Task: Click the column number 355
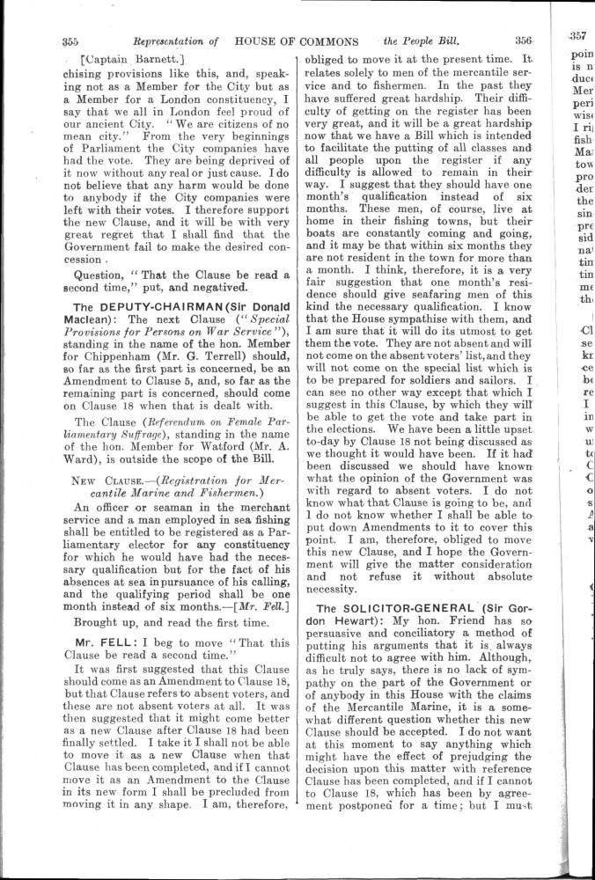71,40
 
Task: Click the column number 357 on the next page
577,36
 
